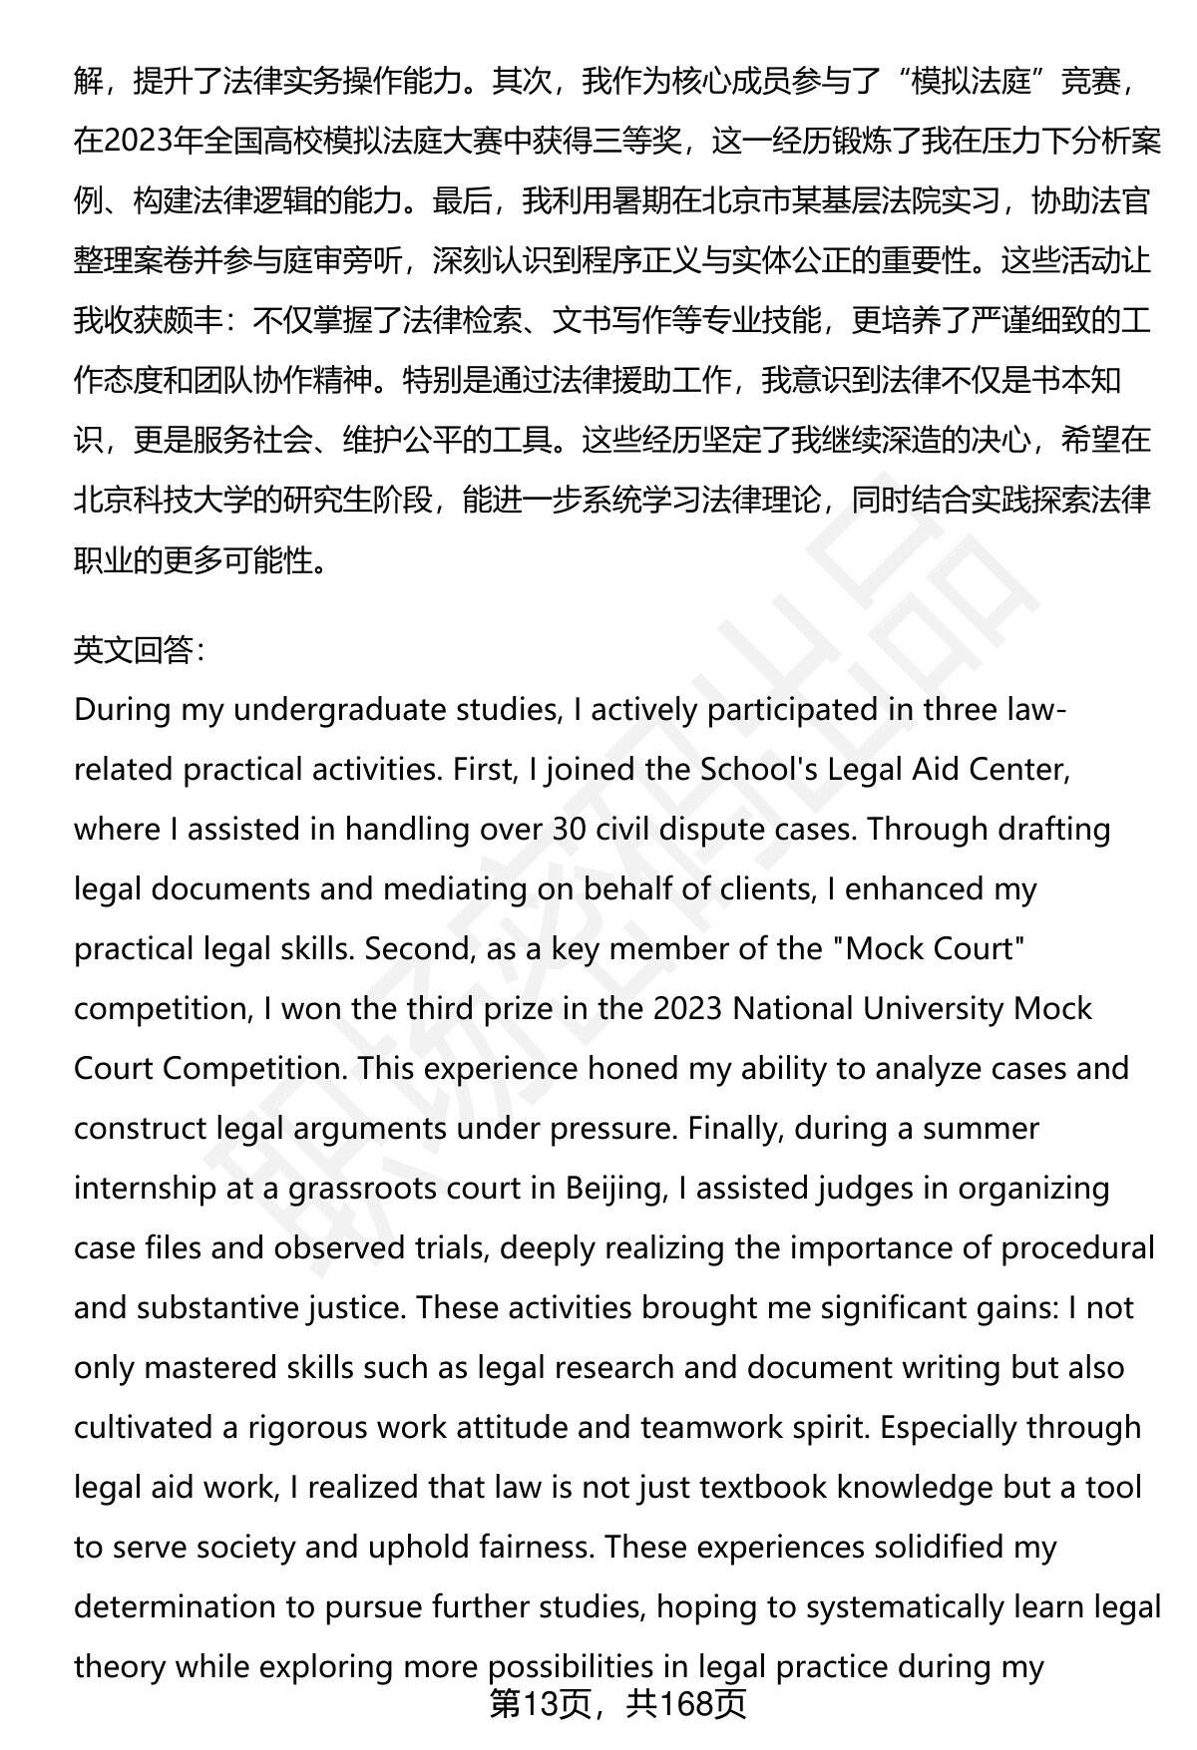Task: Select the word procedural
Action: (x=1077, y=1247)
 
